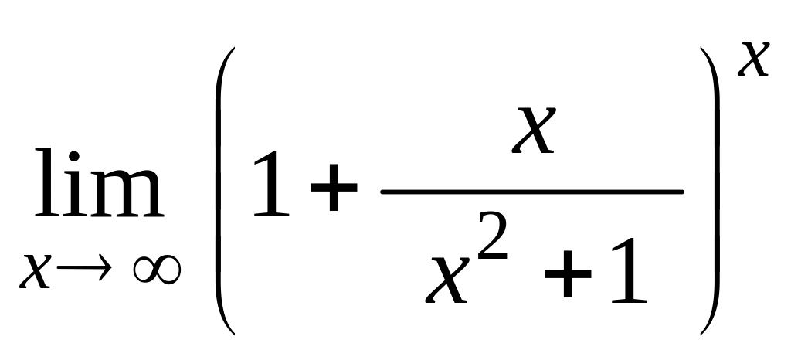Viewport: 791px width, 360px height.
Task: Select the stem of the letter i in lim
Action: point(72,197)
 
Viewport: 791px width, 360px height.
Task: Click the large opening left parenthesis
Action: point(223,189)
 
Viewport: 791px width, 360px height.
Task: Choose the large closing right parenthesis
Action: point(710,189)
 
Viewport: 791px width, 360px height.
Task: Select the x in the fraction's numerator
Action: point(534,132)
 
